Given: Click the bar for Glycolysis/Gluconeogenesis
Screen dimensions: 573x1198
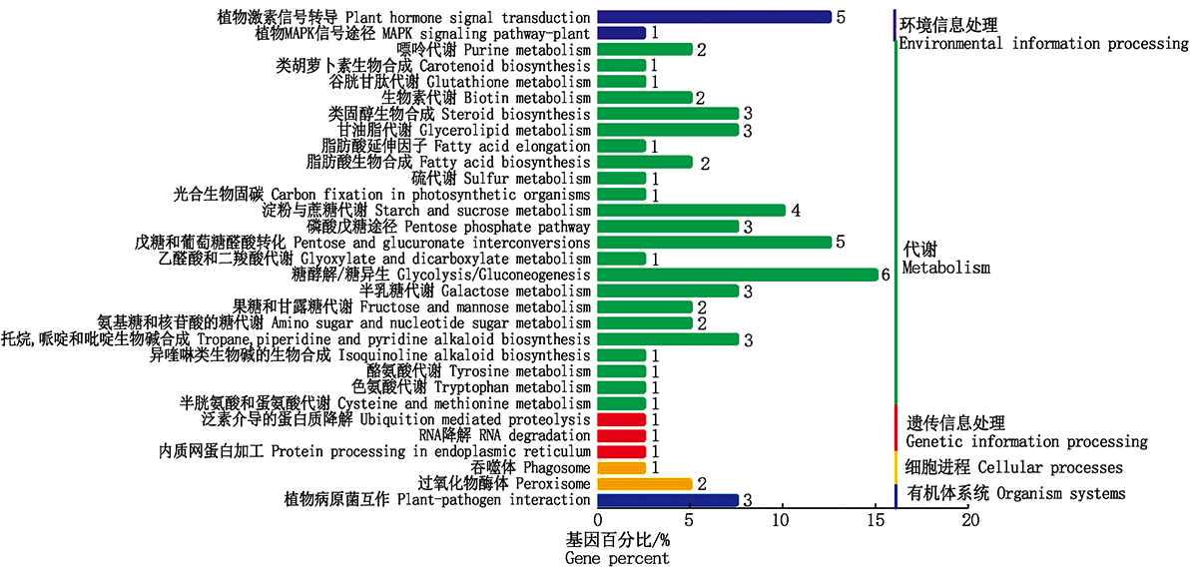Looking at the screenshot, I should pyautogui.click(x=737, y=275).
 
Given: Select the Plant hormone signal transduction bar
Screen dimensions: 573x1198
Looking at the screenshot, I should pyautogui.click(x=714, y=17).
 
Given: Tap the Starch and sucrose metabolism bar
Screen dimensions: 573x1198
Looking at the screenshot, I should pyautogui.click(x=691, y=211).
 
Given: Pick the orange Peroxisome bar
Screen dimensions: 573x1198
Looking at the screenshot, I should pyautogui.click(x=644, y=484).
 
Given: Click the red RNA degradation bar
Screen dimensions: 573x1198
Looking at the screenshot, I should pyautogui.click(x=621, y=435).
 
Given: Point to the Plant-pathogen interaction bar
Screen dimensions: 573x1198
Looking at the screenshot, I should pyautogui.click(x=667, y=500).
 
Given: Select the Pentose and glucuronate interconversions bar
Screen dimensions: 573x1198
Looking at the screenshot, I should pyautogui.click(x=714, y=243).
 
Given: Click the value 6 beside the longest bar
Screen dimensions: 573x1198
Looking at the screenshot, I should pyautogui.click(x=885, y=275).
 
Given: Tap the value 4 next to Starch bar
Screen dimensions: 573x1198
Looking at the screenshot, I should pyautogui.click(x=796, y=211).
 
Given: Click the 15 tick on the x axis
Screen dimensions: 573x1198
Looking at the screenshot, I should pyautogui.click(x=876, y=520).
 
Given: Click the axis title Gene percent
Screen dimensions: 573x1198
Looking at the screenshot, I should pyautogui.click(x=617, y=558).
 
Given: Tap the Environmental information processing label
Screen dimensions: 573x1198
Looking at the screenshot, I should pyautogui.click(x=1043, y=44).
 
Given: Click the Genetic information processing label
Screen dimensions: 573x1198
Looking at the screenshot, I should pyautogui.click(x=1026, y=441).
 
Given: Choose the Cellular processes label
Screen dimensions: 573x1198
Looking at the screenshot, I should pyautogui.click(x=1013, y=467).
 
